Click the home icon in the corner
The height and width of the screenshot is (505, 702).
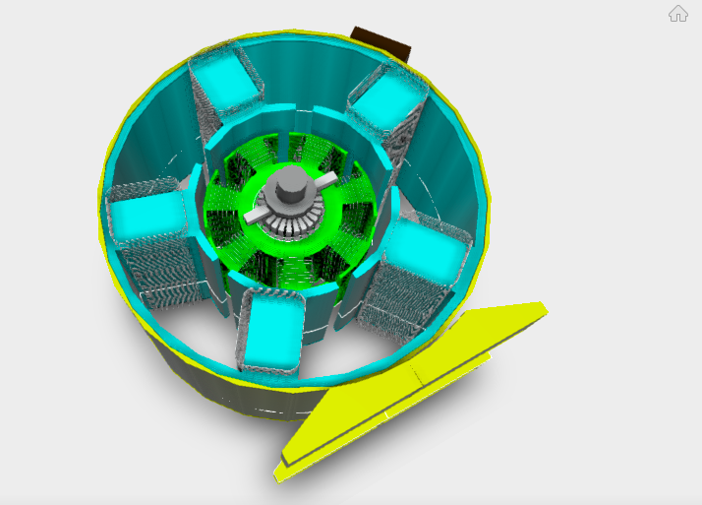pyautogui.click(x=678, y=13)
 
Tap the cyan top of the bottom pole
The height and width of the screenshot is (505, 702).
pyautogui.click(x=267, y=333)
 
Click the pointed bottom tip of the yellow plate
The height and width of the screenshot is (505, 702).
pyautogui.click(x=279, y=474)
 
